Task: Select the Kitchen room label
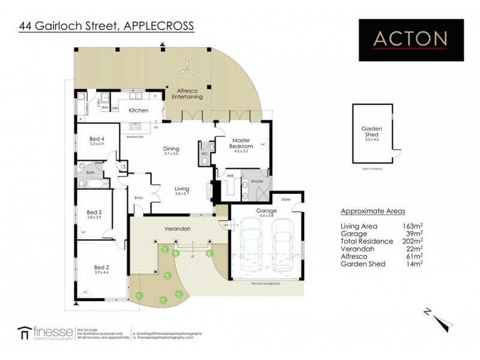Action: pos(138,110)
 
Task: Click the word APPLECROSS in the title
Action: pos(158,25)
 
